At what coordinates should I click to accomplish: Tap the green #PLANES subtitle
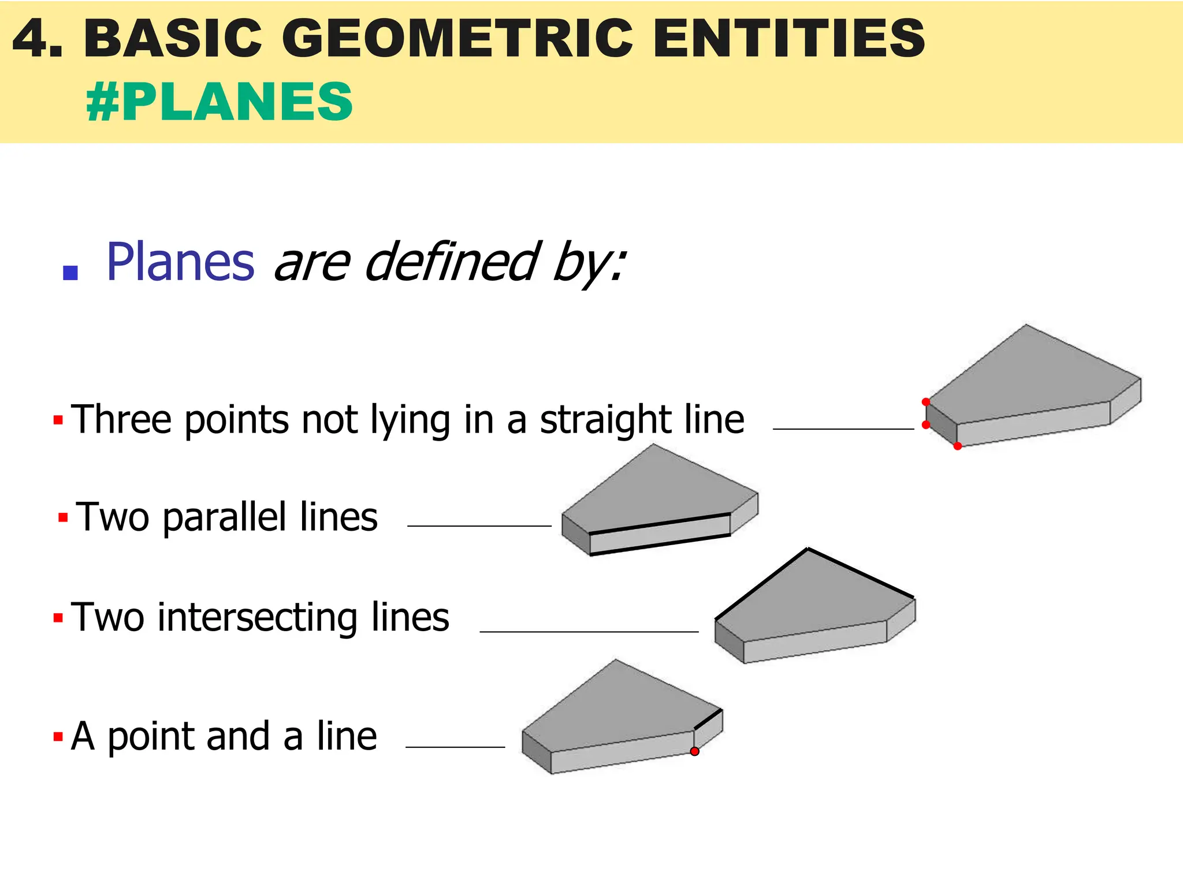(x=220, y=102)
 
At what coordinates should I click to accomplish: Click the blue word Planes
(x=180, y=263)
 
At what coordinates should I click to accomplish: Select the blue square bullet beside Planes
(x=70, y=273)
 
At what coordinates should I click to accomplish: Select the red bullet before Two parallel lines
(x=63, y=517)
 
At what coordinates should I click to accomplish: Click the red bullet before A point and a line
(x=58, y=737)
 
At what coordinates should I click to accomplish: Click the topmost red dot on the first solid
(x=925, y=402)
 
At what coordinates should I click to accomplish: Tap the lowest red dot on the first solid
(x=957, y=446)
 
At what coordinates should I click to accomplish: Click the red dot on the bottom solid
(x=694, y=751)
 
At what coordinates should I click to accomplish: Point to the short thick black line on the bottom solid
(x=708, y=720)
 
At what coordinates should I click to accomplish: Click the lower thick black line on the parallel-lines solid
(x=660, y=545)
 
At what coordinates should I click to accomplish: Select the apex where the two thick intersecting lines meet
(x=808, y=549)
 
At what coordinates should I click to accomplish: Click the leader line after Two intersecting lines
(x=589, y=632)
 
